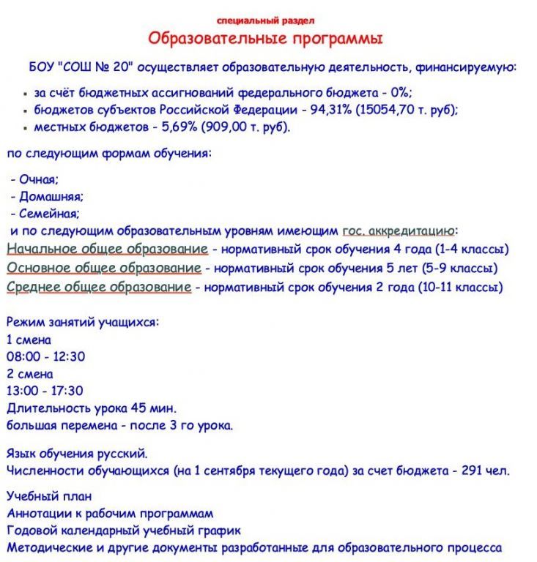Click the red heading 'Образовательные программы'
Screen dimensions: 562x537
coord(265,38)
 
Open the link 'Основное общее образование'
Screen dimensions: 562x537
coord(103,268)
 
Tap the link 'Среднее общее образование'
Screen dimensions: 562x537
coord(99,287)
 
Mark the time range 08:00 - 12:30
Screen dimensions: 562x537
coord(45,356)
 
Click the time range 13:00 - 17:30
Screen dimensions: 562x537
coord(45,390)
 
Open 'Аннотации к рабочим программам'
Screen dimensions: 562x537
coord(110,513)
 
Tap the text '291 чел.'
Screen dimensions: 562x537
coord(485,470)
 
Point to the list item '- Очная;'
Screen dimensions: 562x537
coord(34,179)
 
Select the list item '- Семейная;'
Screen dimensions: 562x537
coord(45,214)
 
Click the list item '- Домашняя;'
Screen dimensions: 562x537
coord(47,196)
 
